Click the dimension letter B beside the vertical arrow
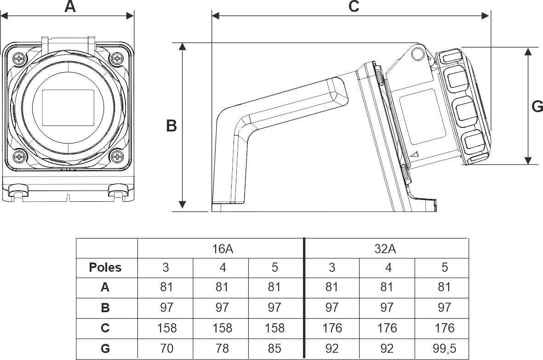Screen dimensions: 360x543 coord(171,126)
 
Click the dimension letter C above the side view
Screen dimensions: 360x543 coord(353,7)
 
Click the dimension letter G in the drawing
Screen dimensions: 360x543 coord(537,107)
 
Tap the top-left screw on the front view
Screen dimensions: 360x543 coord(19,58)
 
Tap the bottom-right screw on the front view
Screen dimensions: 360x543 coord(117,157)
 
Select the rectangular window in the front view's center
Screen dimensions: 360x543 coord(68,108)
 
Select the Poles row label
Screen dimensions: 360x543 coord(105,268)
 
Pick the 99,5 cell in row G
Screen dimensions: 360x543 coord(444,349)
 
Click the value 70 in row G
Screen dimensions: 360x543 coord(166,349)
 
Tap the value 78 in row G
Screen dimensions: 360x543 coord(221,349)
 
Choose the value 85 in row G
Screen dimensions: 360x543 coord(274,349)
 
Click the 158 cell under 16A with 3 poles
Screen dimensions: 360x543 coord(166,328)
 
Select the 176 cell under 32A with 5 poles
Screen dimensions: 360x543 coord(444,328)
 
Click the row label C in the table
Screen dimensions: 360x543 coord(105,328)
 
